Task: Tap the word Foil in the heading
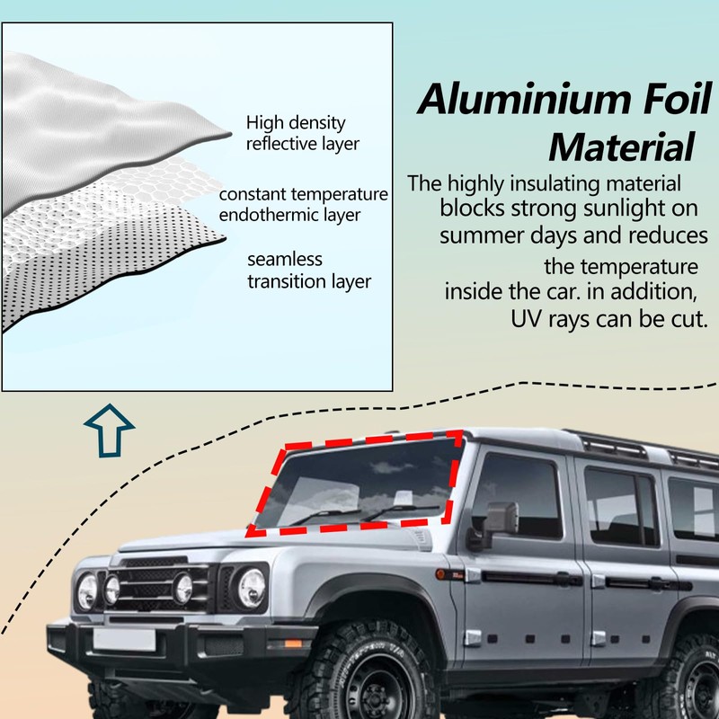tap(678, 99)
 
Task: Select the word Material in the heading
tap(621, 147)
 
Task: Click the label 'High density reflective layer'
tap(303, 133)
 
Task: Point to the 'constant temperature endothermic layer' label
tap(303, 205)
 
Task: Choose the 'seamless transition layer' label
tap(309, 271)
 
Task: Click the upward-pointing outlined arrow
tap(109, 431)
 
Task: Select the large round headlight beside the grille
tap(252, 588)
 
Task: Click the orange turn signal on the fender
tap(440, 574)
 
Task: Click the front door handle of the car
tap(560, 579)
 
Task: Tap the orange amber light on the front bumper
tap(293, 644)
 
